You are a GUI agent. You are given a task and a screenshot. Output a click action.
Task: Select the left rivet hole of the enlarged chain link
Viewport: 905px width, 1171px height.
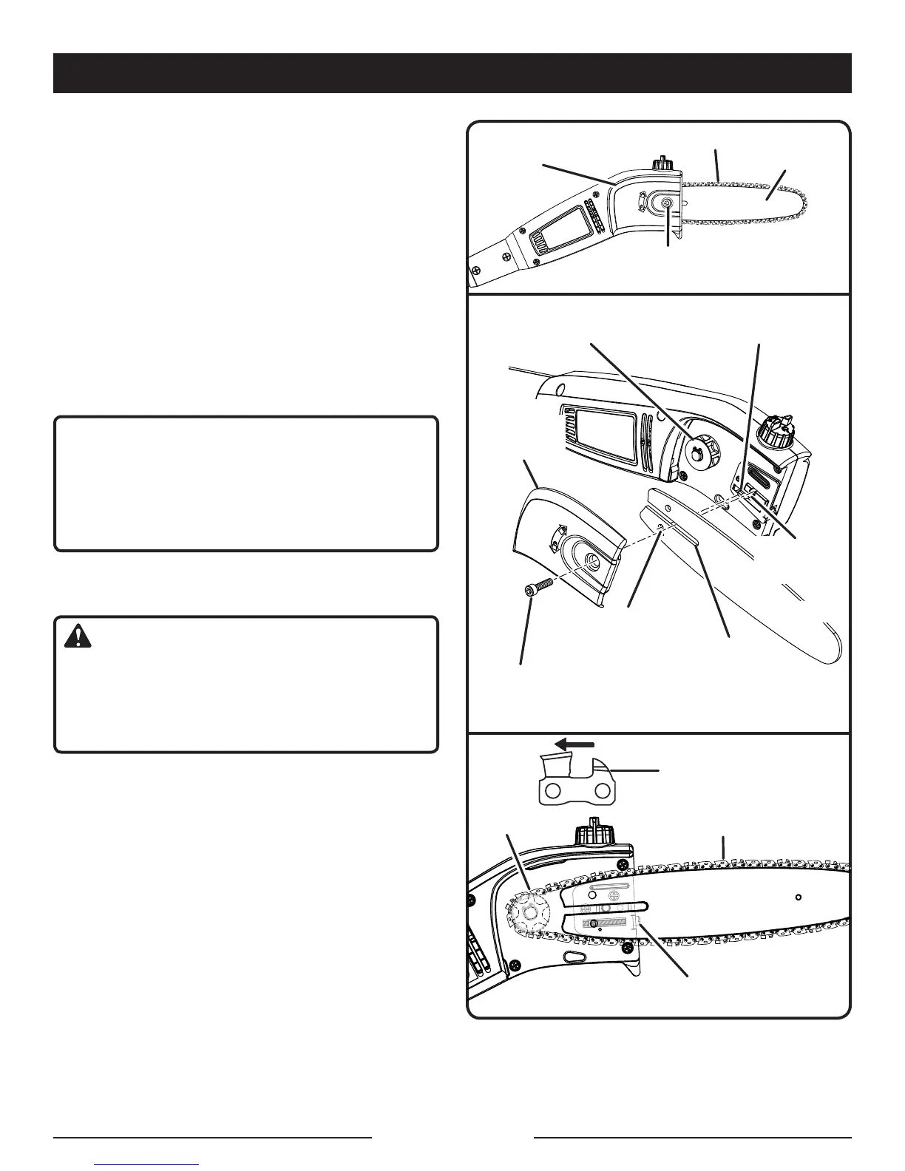tap(552, 792)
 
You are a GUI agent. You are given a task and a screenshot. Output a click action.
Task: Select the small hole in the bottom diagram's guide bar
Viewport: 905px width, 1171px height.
tap(799, 898)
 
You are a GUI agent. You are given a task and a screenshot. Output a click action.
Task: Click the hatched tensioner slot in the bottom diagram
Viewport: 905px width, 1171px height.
tap(611, 924)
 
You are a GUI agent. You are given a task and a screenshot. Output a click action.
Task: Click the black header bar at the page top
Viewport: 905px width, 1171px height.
tap(452, 73)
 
